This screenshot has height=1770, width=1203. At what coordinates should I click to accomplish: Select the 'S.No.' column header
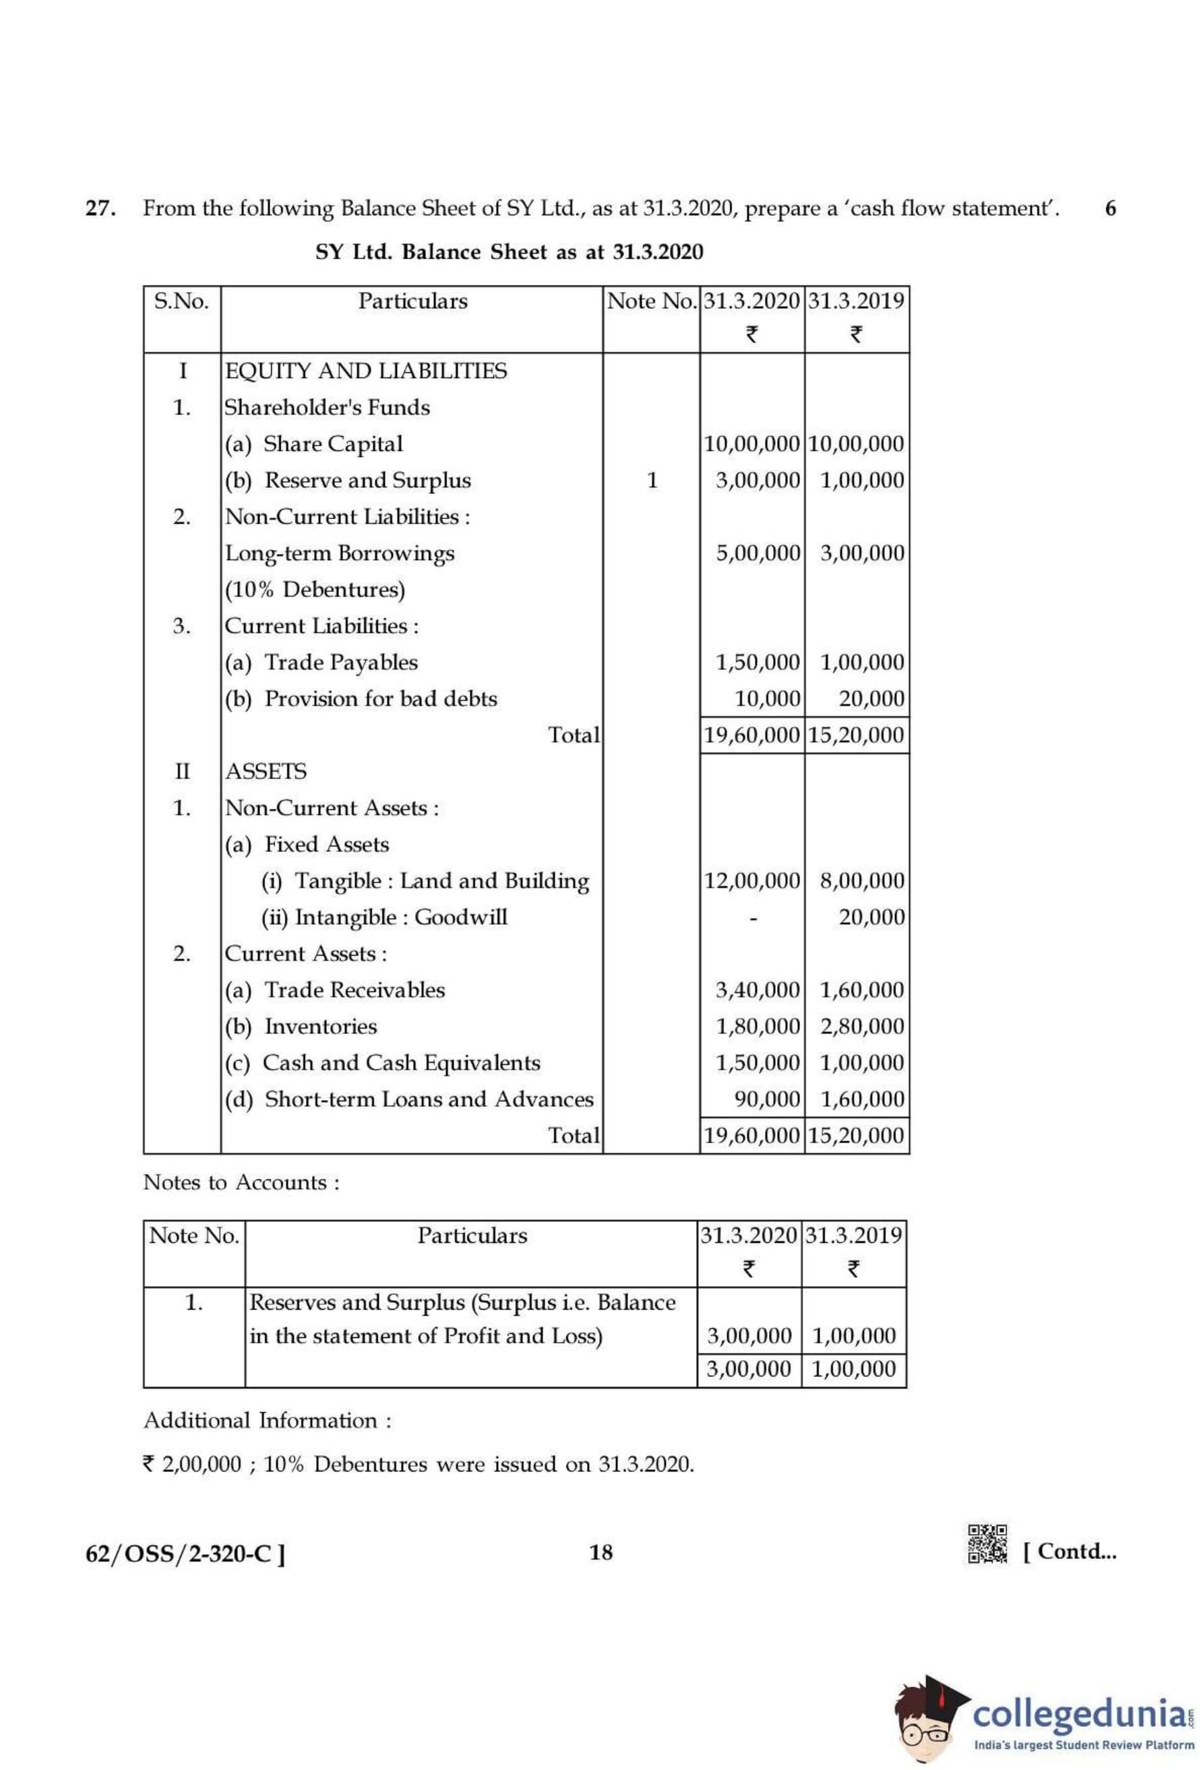click(x=181, y=301)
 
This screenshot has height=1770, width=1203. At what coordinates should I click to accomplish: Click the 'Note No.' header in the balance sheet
click(x=651, y=301)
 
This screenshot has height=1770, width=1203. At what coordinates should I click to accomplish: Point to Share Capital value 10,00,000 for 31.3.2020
click(x=751, y=444)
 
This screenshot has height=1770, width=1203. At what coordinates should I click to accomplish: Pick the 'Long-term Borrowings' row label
click(x=339, y=553)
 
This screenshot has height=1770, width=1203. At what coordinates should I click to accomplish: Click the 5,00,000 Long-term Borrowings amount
click(x=758, y=553)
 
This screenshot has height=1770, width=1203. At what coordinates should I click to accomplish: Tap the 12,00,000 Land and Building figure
click(x=751, y=881)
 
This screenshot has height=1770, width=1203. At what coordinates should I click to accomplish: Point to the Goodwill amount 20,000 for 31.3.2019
click(x=872, y=918)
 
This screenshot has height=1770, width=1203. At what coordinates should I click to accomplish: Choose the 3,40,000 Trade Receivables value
click(x=758, y=990)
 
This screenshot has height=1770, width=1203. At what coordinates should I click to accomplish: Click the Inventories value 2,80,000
click(x=862, y=1027)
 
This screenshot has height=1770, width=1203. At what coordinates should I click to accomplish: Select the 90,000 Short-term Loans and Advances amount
click(x=767, y=1100)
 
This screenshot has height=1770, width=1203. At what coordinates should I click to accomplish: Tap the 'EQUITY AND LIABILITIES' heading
click(x=365, y=371)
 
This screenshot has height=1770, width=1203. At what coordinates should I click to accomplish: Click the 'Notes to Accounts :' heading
click(x=241, y=1183)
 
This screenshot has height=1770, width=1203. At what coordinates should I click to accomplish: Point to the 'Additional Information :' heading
click(x=268, y=1420)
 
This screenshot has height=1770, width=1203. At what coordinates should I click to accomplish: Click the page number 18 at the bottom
click(x=600, y=1552)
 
